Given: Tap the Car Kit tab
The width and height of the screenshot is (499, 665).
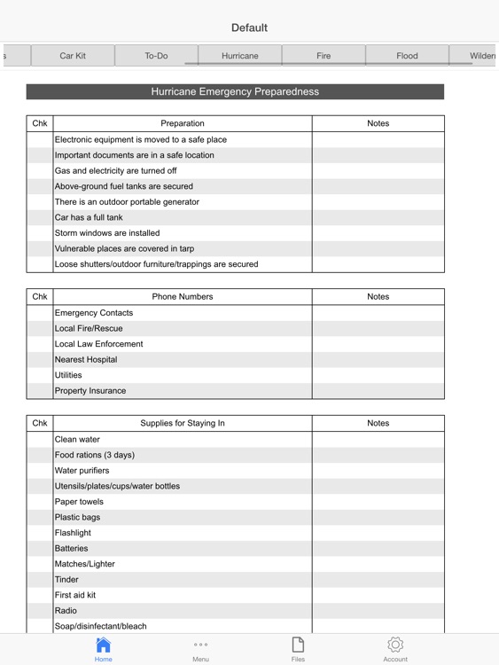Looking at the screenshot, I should coord(73,56).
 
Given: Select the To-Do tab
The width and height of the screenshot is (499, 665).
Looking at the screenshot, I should coord(156,56).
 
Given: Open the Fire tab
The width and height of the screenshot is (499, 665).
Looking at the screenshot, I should coord(324,56).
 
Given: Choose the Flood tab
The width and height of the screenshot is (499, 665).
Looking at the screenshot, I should coord(407,56).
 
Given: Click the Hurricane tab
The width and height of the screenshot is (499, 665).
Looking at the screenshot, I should coord(240,56).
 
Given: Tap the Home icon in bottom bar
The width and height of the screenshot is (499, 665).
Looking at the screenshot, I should coord(104,648).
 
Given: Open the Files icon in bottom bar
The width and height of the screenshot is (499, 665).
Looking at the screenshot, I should coord(298,648).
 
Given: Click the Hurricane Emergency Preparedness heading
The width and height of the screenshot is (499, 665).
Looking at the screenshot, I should coord(235,91).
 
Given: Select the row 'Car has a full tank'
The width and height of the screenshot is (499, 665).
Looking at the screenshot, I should coord(89,217).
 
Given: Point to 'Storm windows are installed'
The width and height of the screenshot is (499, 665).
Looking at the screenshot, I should coord(107,233).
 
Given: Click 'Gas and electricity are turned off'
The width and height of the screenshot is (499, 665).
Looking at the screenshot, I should coord(115,170).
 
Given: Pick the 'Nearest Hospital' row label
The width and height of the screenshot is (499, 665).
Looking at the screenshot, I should coord(86,360).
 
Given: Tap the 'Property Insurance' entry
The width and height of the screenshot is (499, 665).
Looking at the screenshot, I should coord(90,391).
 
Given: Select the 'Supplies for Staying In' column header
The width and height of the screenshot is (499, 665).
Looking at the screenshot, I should coord(183,423).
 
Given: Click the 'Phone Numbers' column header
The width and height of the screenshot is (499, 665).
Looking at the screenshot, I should coord(183,297).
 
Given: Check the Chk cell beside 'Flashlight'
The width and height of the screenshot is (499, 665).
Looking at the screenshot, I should coord(40,533).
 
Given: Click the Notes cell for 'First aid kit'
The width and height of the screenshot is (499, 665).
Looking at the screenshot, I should coord(378,595).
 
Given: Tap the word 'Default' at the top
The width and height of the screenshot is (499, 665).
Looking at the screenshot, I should coord(249,27).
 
